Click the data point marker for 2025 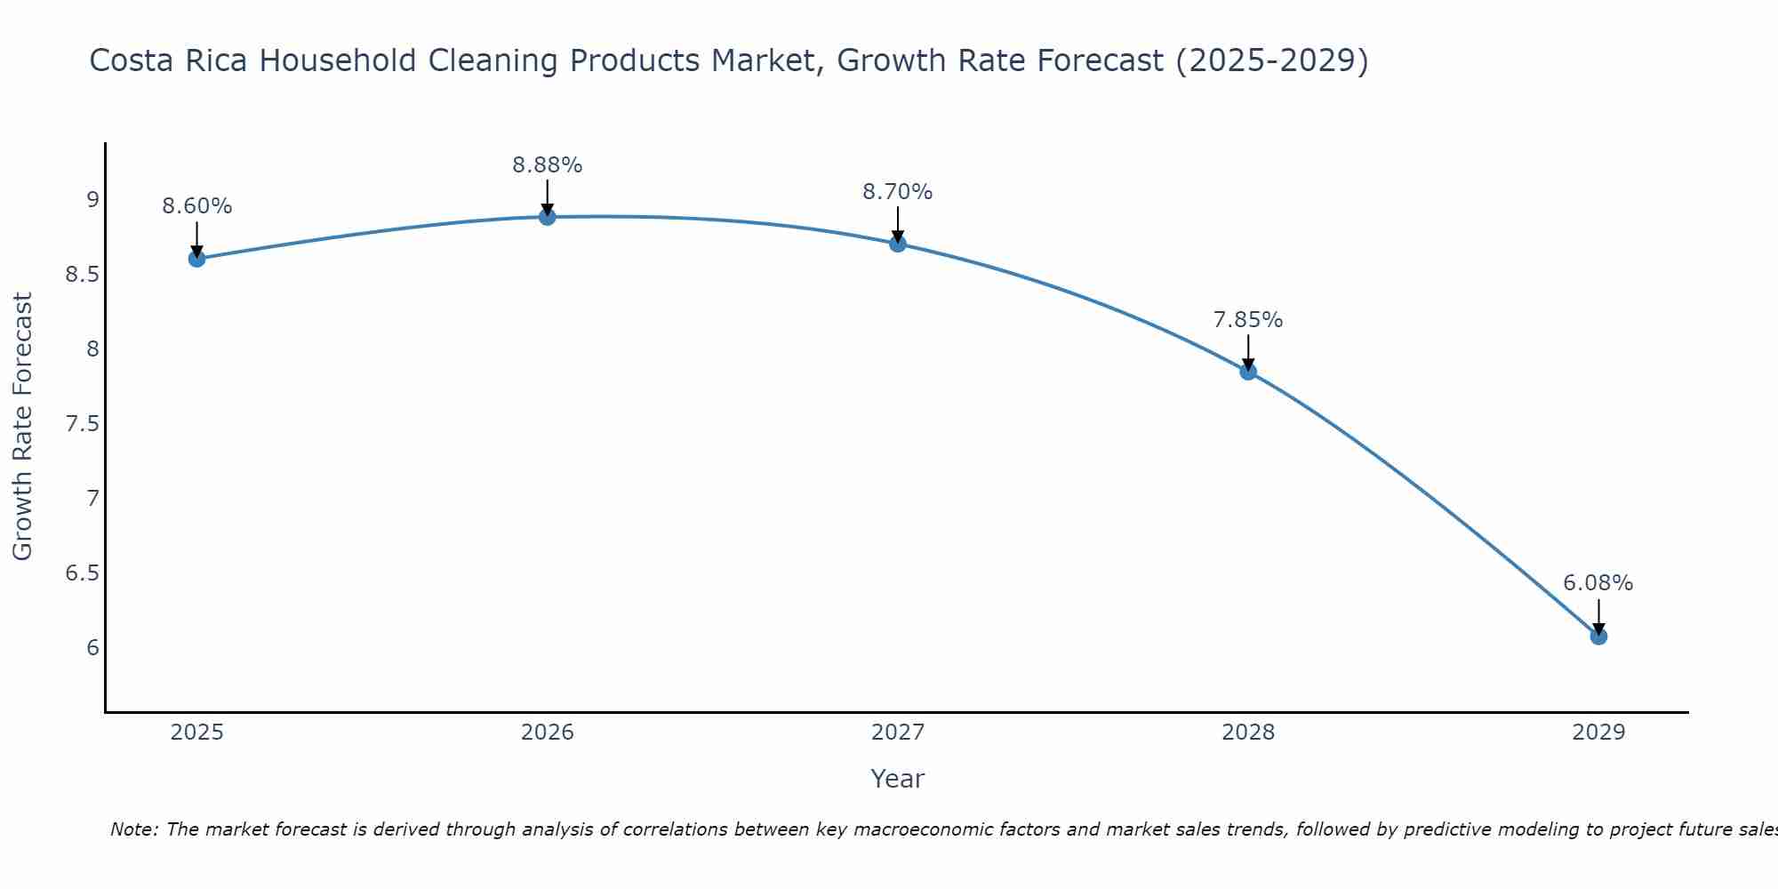click(196, 259)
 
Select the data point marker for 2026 click(547, 217)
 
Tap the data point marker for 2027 click(897, 244)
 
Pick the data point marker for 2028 click(1248, 372)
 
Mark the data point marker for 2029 click(1598, 637)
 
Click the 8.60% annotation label click(196, 206)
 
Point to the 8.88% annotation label click(547, 165)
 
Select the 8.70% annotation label click(897, 192)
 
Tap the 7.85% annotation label click(1248, 320)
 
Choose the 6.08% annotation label click(1598, 583)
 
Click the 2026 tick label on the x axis click(547, 733)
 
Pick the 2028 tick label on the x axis click(1248, 733)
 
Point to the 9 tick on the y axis click(92, 199)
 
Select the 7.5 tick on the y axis click(82, 423)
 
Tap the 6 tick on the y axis click(92, 647)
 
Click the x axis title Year click(897, 779)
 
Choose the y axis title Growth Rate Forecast click(22, 427)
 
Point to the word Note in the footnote click(133, 829)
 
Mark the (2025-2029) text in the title click(1272, 60)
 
